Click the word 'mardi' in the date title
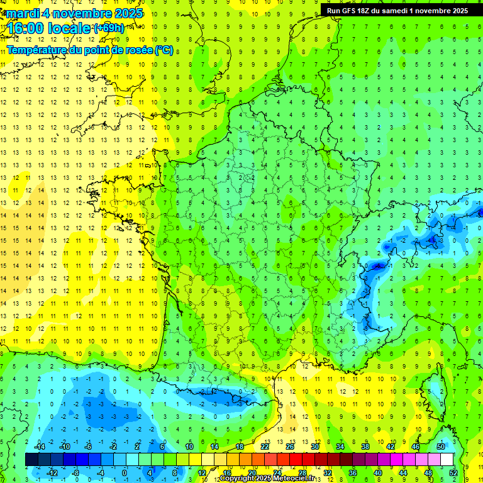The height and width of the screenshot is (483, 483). pos(21,13)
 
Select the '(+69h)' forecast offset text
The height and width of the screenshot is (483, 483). pos(109,28)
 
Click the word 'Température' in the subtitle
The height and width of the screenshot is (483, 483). pos(38,50)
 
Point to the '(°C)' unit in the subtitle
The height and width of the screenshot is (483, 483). pos(164,50)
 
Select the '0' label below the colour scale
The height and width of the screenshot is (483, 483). pos(125,473)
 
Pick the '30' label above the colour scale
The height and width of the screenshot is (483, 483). pos(314,447)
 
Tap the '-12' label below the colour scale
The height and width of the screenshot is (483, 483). pos(53,473)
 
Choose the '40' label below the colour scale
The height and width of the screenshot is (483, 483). pos(377,473)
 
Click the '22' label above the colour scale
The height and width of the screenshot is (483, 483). pos(264,447)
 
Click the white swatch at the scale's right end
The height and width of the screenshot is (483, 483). pos(447,460)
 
